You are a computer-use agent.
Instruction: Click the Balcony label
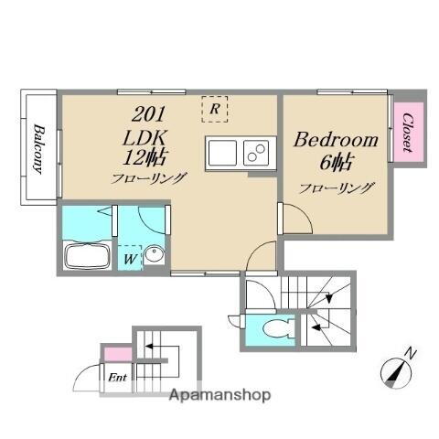(38, 149)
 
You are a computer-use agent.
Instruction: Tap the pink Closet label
(408, 133)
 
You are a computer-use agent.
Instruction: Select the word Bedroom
(336, 140)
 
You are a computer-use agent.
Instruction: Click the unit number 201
(148, 114)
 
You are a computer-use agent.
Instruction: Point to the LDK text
(145, 138)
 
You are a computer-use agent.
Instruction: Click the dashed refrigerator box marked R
(215, 109)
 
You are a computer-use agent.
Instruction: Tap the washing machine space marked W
(130, 258)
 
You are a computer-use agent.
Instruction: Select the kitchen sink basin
(222, 153)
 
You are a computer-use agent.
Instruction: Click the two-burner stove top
(256, 153)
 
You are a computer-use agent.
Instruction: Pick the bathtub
(87, 256)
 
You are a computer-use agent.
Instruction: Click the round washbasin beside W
(154, 253)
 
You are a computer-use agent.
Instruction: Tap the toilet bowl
(277, 328)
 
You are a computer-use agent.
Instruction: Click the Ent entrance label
(118, 378)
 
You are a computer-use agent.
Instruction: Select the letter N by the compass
(411, 354)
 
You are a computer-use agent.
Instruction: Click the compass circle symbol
(396, 373)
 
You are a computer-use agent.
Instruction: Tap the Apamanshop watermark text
(219, 395)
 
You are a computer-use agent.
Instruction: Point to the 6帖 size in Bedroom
(336, 163)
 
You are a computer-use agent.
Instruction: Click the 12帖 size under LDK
(145, 157)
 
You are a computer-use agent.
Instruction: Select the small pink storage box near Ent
(118, 354)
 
